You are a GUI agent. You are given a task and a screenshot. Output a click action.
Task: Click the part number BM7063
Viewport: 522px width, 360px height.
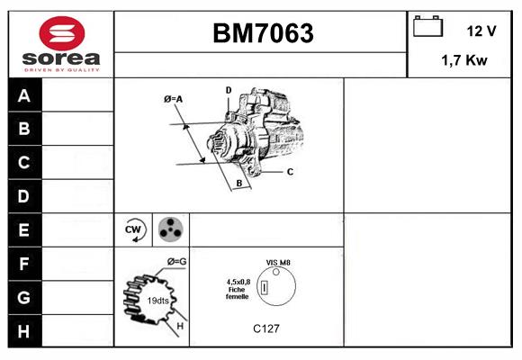263,33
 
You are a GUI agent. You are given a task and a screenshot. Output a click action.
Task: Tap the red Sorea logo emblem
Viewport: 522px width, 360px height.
62,33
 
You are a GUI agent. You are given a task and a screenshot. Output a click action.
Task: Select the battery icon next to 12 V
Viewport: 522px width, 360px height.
427,26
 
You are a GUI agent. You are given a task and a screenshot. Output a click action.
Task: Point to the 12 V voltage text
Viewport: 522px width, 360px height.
481,31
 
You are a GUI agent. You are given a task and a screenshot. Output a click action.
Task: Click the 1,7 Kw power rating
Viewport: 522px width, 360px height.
464,60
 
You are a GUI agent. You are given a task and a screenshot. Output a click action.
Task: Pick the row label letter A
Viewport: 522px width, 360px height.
24,95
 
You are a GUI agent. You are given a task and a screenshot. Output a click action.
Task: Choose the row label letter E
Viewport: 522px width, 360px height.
23,229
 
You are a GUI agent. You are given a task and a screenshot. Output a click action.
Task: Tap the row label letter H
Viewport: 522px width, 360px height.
23,331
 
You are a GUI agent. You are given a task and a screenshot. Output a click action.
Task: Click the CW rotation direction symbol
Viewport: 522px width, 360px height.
133,229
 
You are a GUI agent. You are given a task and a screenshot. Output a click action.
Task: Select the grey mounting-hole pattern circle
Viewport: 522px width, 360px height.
170,229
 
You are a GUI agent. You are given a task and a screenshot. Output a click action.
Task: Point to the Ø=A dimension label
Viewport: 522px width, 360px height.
173,99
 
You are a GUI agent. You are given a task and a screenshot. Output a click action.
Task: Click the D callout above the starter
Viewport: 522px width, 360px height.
229,90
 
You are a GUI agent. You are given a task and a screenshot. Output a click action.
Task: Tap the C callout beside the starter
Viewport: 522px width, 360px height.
290,172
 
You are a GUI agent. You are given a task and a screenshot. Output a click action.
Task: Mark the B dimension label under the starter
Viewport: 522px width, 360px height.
239,184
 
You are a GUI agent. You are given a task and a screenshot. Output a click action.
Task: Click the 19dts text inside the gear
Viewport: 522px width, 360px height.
157,301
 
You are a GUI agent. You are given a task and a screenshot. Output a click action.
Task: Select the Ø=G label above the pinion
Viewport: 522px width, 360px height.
176,262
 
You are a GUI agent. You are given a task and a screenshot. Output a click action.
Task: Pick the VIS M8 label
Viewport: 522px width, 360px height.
278,263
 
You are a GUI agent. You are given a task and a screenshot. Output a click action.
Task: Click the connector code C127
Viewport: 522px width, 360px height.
266,328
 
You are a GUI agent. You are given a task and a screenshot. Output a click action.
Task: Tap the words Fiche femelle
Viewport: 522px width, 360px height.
238,293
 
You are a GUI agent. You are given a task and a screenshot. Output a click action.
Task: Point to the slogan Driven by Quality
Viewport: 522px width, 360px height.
62,70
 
